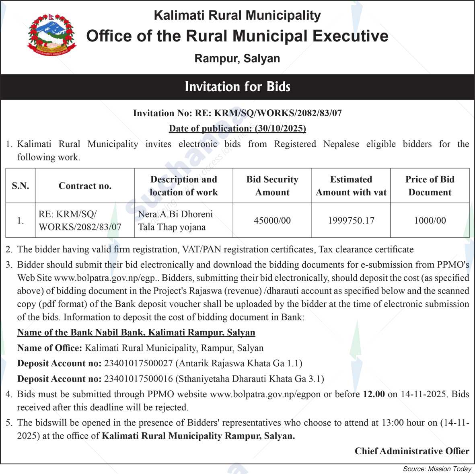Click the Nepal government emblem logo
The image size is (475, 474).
coord(51,35)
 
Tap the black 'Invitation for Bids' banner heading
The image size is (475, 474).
coord(237,87)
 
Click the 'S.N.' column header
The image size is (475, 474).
coord(21,186)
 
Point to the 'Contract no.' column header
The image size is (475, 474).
coord(85,186)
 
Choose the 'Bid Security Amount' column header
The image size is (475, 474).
coord(272,186)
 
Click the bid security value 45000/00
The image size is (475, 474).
coord(272,220)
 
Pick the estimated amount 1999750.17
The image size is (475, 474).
coord(351,220)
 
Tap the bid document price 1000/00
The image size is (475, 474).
coord(430,220)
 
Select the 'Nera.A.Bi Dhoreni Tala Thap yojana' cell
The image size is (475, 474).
coord(175,220)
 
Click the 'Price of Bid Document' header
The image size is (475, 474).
coord(430,186)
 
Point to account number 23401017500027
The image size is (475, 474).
coord(138,363)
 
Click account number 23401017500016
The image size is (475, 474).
coord(138,379)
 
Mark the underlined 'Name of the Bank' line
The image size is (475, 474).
coord(136,332)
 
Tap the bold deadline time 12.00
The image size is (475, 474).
coord(374,394)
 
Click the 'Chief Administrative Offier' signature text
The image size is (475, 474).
coord(412,451)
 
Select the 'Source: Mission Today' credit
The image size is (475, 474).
coord(437,469)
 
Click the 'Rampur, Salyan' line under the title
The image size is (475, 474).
coord(237,59)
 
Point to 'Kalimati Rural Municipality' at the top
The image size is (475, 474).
coord(237,16)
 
